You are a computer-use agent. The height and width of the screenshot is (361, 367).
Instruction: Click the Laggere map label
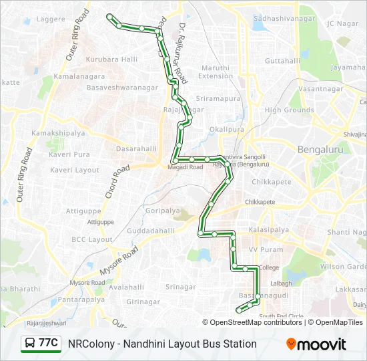pos(51,19)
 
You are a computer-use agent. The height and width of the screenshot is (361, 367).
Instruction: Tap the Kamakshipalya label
pos(58,134)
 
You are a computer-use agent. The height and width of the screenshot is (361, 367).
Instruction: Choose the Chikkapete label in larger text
pos(272,182)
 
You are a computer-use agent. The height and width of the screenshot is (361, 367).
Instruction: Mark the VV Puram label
pos(262,249)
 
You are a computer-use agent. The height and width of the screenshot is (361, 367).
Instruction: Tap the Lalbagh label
pos(281,283)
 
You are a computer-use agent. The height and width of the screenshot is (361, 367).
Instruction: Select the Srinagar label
pos(181,287)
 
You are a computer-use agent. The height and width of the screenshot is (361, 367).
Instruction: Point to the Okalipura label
pos(227,129)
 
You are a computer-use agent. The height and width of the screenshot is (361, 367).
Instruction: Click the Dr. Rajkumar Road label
pos(183,53)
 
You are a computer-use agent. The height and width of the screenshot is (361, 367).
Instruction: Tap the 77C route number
pos(49,342)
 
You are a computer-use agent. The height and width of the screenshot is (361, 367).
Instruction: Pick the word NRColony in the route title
pos(89,344)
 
